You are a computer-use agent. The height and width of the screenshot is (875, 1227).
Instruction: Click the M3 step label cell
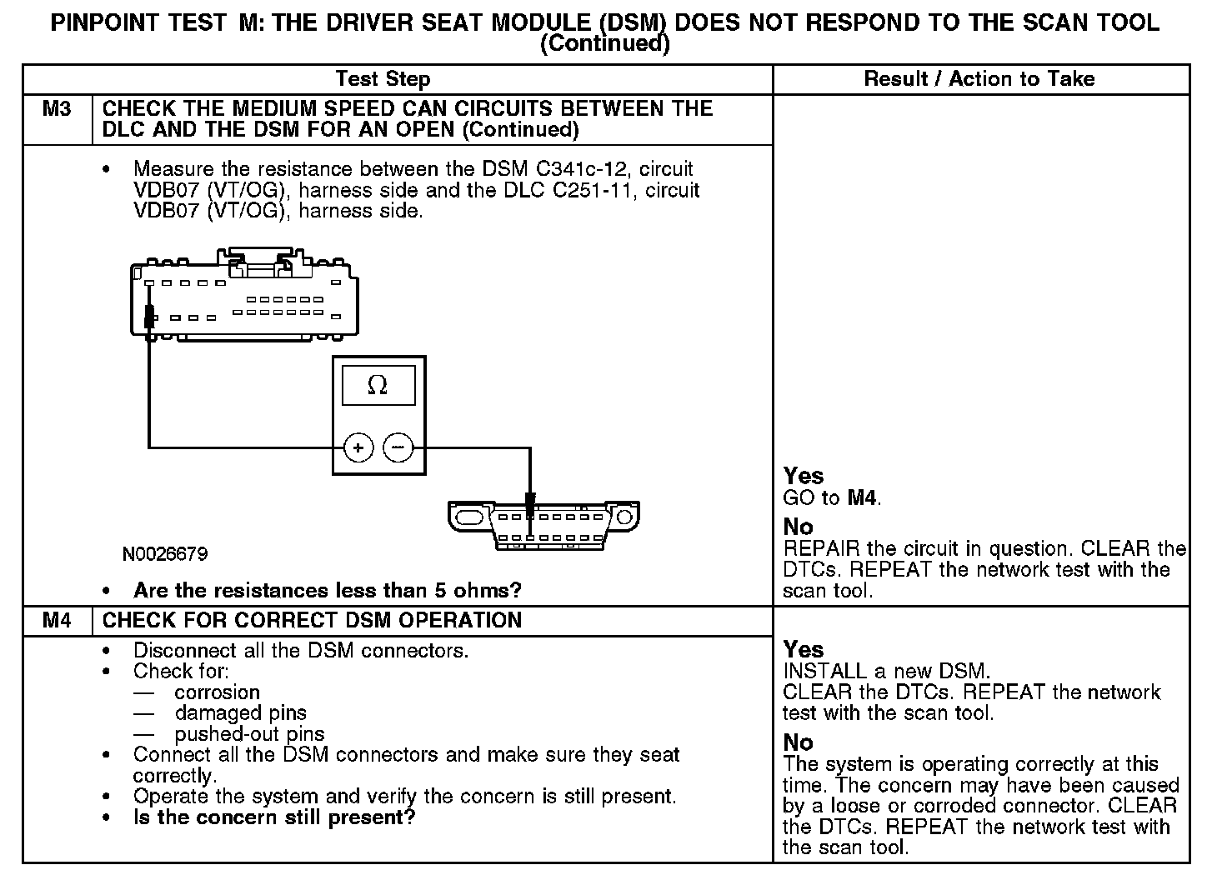pyautogui.click(x=57, y=109)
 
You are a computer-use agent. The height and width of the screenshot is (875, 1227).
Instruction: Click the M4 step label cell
pyautogui.click(x=57, y=621)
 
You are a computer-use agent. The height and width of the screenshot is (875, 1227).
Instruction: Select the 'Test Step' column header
pyautogui.click(x=383, y=79)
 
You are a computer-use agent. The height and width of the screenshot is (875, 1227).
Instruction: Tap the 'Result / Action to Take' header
pyautogui.click(x=979, y=79)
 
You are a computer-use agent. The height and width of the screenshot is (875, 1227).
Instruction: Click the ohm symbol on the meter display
pyautogui.click(x=378, y=385)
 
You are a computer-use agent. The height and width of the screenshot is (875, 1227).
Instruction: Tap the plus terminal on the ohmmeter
pyautogui.click(x=358, y=448)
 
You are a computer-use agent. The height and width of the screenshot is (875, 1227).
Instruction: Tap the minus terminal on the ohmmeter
pyautogui.click(x=398, y=448)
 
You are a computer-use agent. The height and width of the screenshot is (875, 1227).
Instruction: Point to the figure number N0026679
pyautogui.click(x=165, y=554)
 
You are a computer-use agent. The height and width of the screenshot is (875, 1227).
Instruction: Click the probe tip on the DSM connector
pyautogui.click(x=149, y=317)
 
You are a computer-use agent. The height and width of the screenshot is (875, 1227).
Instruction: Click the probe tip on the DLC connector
pyautogui.click(x=530, y=503)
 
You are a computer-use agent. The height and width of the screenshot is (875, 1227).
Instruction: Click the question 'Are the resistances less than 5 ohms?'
pyautogui.click(x=327, y=591)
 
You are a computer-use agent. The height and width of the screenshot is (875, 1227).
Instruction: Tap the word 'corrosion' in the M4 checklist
pyautogui.click(x=218, y=692)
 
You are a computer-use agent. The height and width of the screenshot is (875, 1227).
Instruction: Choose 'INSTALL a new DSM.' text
pyautogui.click(x=885, y=671)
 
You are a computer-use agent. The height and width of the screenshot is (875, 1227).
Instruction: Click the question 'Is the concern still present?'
pyautogui.click(x=274, y=817)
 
